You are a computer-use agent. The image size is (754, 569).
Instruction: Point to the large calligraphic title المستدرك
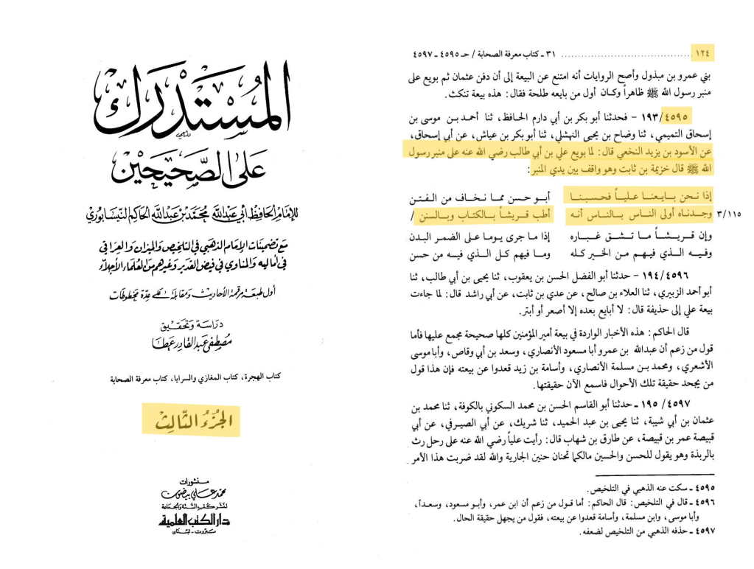pos(192,103)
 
